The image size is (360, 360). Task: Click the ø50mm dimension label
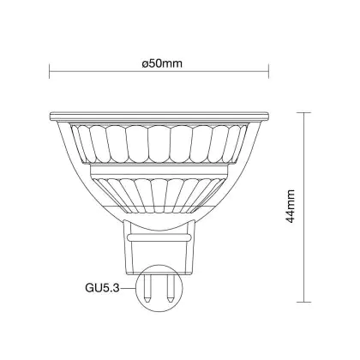click(x=162, y=63)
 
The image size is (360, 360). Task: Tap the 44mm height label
click(x=291, y=207)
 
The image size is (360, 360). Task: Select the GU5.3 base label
click(x=102, y=288)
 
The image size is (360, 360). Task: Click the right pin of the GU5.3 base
click(x=171, y=288)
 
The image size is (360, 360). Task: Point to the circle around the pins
click(x=137, y=289)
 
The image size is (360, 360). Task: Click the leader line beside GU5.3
click(x=128, y=288)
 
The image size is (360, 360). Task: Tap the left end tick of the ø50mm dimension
click(x=50, y=71)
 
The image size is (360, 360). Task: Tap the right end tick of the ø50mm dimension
click(x=268, y=71)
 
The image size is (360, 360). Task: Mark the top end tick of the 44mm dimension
click(x=303, y=113)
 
